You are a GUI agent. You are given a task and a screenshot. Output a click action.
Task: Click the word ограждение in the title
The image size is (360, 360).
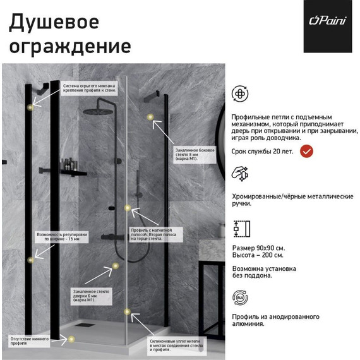69,46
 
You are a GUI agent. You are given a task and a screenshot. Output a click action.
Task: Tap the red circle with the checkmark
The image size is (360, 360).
306,152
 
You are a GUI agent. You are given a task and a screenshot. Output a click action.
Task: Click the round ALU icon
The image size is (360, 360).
241,297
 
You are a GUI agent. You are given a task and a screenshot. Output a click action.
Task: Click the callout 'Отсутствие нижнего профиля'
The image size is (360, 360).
29,340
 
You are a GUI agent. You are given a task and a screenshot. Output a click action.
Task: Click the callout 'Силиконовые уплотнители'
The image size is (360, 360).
176,344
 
